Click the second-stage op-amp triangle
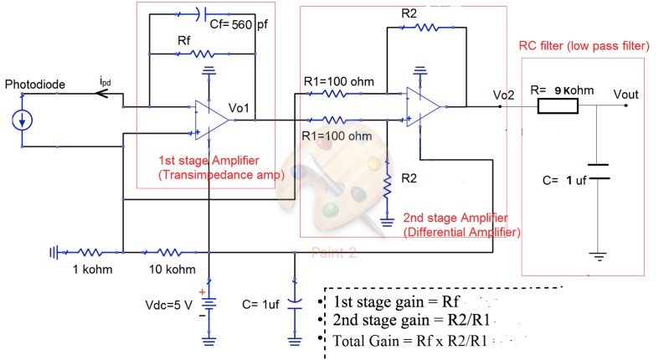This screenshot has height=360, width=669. tap(423, 105)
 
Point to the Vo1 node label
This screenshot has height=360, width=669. tap(243, 109)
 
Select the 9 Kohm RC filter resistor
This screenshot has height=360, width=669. tap(557, 106)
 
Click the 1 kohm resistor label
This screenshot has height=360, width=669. tap(90, 269)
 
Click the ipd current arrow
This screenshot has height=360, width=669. tap(105, 94)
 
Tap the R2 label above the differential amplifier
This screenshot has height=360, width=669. tap(409, 13)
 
